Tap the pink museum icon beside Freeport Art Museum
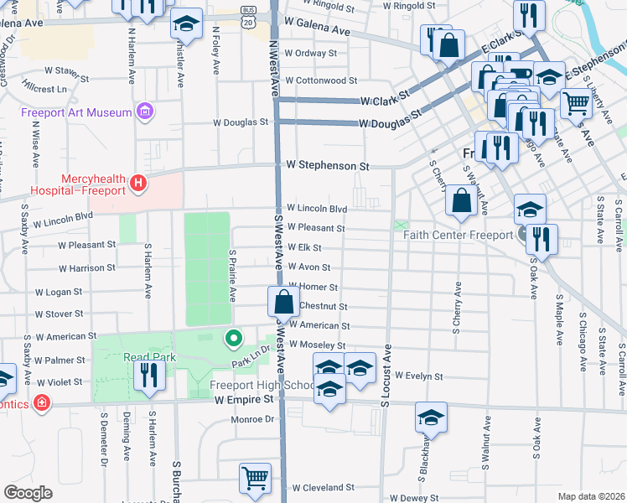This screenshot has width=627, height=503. tap(146, 111)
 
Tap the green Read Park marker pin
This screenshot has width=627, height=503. tap(233, 339)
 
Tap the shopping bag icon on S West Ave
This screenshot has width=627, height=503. tap(284, 302)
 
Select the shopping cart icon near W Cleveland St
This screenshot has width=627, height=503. tap(255, 478)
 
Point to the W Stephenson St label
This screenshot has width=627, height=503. tap(328, 166)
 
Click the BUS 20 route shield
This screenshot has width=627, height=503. tap(247, 18)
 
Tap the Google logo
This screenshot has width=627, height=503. tap(28, 493)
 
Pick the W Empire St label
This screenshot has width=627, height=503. tap(244, 400)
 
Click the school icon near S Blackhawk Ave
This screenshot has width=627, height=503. tap(431, 417)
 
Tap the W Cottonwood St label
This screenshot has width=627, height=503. tap(321, 81)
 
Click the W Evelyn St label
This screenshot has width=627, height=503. tap(418, 376)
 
